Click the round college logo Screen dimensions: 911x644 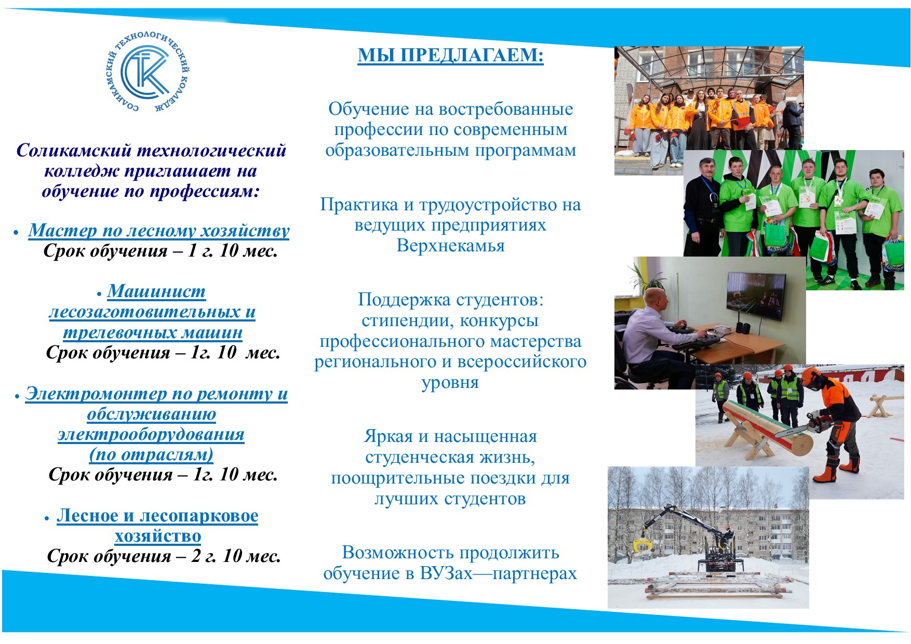pyautogui.click(x=148, y=72)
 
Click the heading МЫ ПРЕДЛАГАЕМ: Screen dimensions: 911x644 pyautogui.click(x=450, y=55)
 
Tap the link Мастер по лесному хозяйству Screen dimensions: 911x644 pyautogui.click(x=159, y=230)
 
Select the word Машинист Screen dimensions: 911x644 pyautogui.click(x=156, y=291)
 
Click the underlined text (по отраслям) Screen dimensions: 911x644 pyautogui.click(x=151, y=454)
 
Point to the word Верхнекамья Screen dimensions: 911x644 pyautogui.click(x=450, y=245)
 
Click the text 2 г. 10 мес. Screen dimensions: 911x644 pyautogui.click(x=236, y=556)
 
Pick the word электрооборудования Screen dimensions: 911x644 pyautogui.click(x=151, y=434)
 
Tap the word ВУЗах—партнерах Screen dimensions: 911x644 pyautogui.click(x=499, y=573)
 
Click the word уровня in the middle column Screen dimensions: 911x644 pyautogui.click(x=450, y=383)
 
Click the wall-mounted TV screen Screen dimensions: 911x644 pyautogui.click(x=756, y=296)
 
